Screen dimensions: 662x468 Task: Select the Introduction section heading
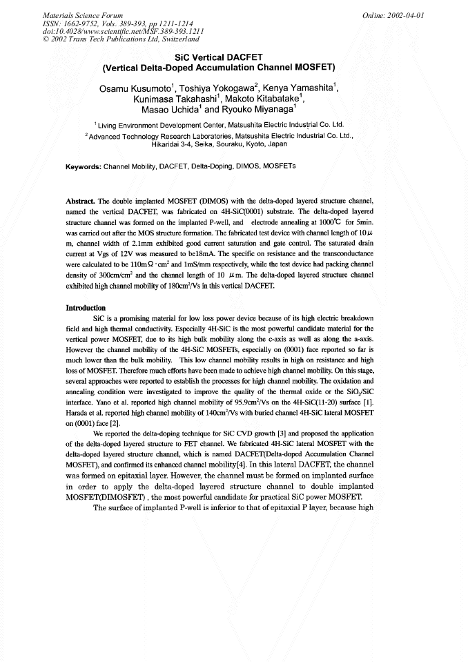(x=86, y=307)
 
